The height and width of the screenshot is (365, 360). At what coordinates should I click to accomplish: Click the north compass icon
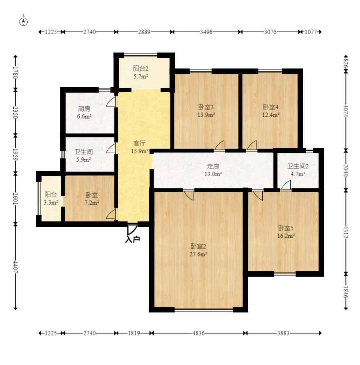[x=23, y=22]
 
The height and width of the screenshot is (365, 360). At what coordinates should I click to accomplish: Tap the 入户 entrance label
[x=132, y=239]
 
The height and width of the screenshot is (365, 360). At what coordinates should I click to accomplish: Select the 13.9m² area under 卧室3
[x=206, y=115]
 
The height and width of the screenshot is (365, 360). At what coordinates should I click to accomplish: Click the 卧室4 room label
[x=270, y=107]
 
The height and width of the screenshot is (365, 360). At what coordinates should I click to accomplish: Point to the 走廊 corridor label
[x=213, y=166]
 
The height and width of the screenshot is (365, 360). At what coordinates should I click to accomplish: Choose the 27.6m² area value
[x=198, y=254]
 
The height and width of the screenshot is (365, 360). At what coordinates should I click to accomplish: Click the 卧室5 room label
[x=286, y=228]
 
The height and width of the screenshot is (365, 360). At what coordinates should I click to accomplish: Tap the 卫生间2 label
[x=298, y=166]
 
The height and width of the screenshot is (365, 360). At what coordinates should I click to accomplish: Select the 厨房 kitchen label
[x=84, y=109]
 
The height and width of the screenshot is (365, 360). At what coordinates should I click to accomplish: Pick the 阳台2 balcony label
[x=140, y=68]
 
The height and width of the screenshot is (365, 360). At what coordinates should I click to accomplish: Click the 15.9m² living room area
[x=140, y=151]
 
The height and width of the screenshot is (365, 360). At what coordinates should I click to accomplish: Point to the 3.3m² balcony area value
[x=51, y=202]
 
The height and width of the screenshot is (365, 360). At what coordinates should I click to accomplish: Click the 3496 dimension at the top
[x=206, y=32]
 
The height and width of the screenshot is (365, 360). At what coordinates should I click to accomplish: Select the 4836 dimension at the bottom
[x=198, y=333]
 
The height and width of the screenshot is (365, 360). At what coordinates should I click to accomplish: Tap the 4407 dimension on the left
[x=15, y=267]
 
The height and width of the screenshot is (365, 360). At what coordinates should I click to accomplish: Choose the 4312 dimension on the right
[x=346, y=232]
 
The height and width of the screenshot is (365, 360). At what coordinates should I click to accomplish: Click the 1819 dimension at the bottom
[x=134, y=333]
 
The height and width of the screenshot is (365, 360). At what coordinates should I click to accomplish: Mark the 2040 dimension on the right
[x=346, y=170]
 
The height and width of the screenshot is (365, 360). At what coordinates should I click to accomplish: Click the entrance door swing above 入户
[x=132, y=230]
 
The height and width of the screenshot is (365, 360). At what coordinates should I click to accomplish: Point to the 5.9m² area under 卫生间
[x=84, y=160]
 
